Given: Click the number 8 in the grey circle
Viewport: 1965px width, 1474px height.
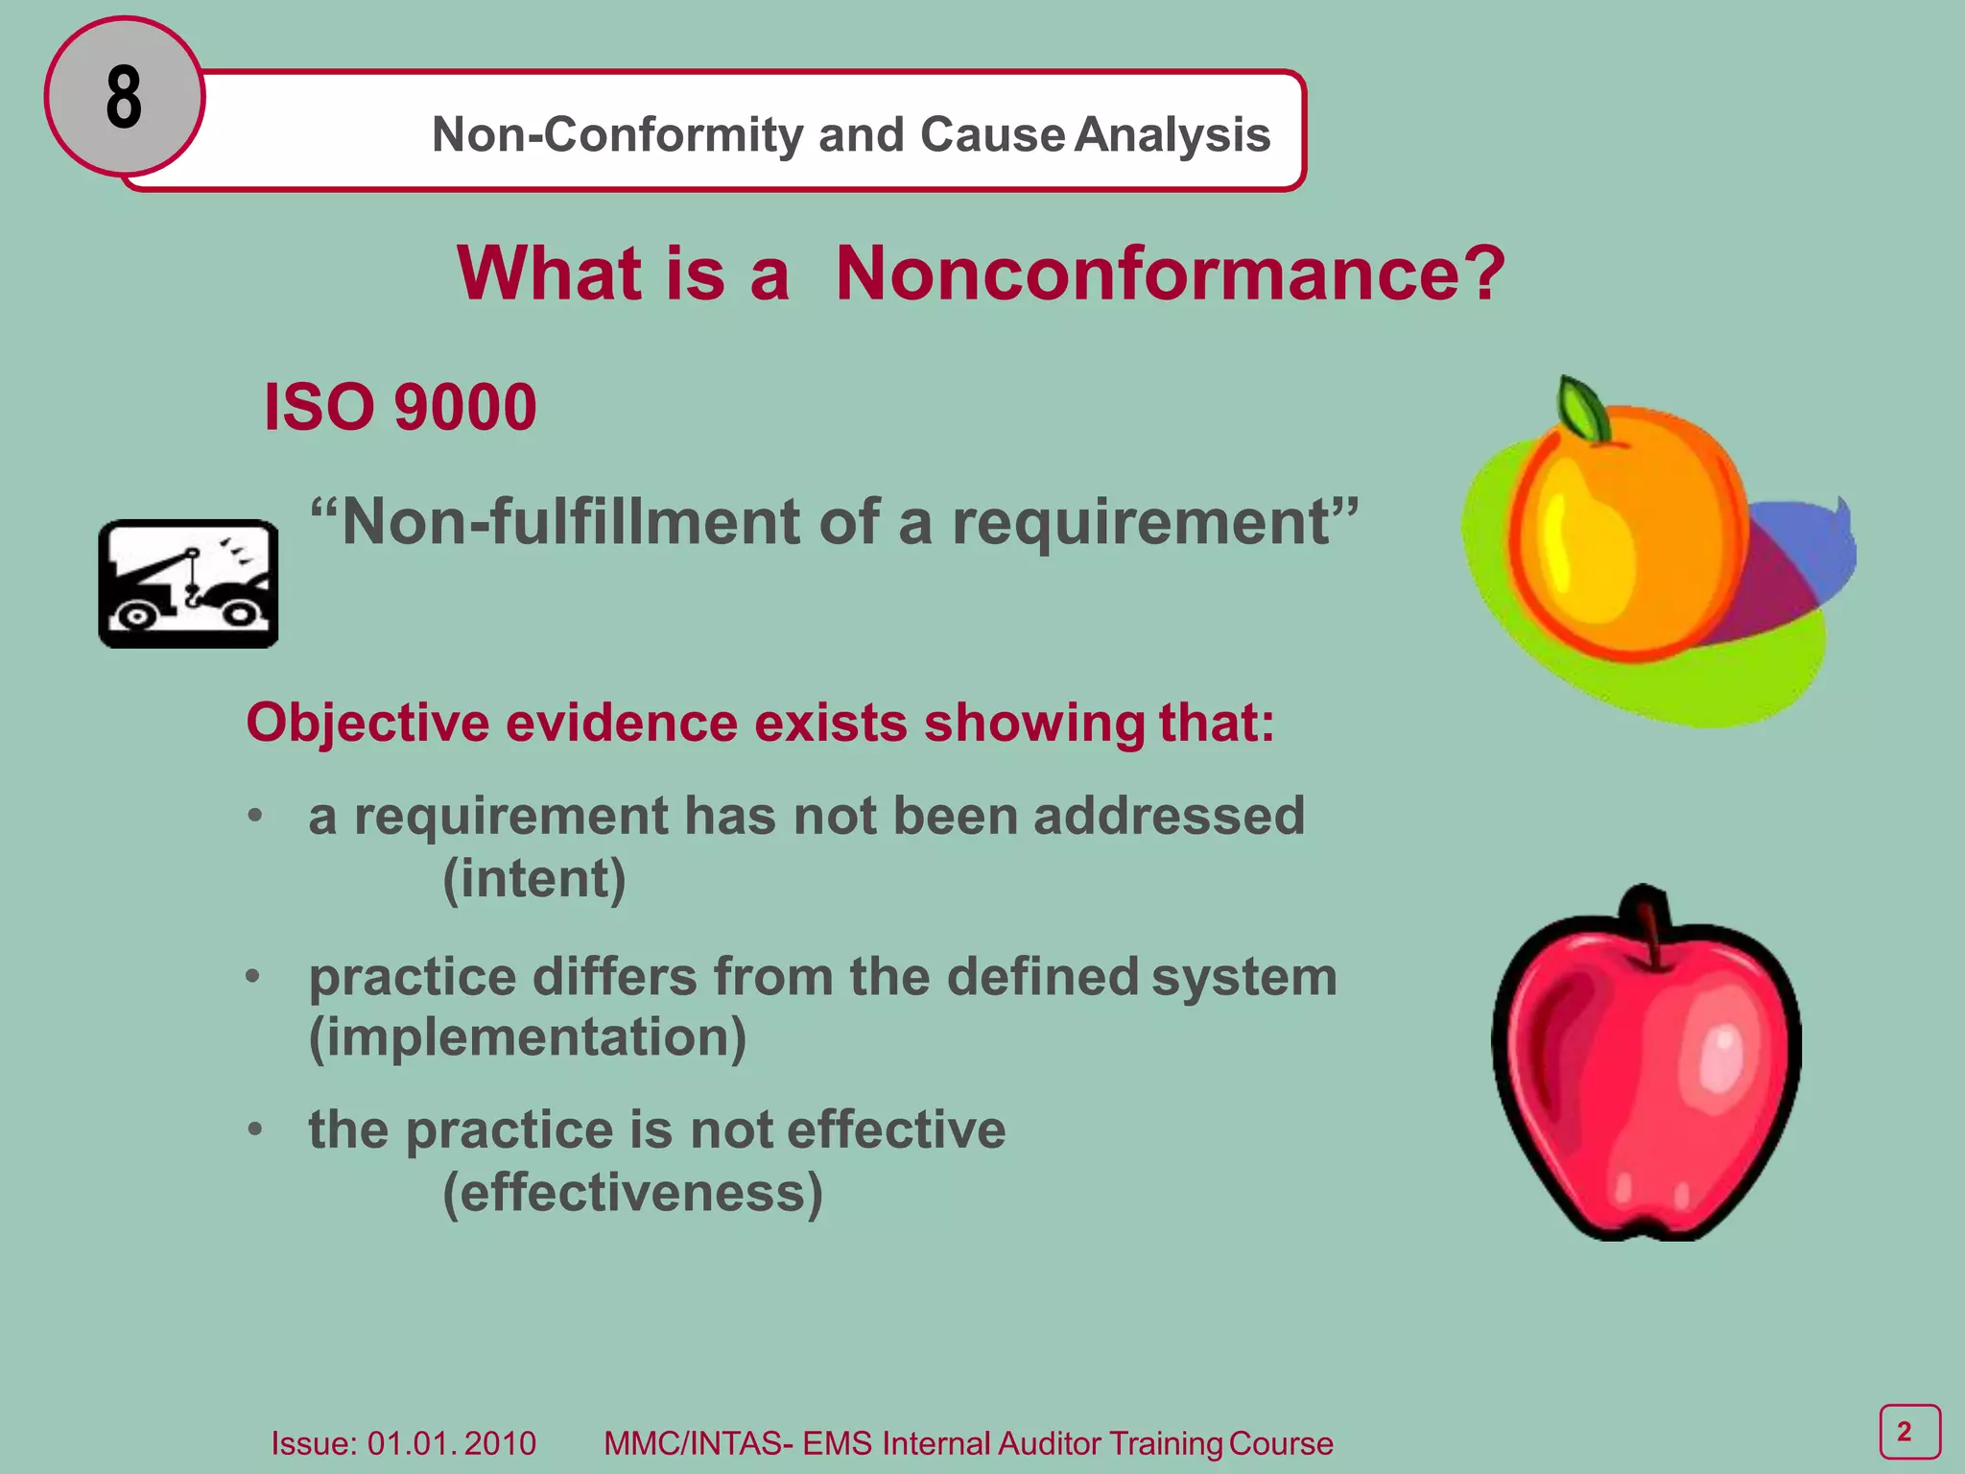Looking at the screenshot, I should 124,98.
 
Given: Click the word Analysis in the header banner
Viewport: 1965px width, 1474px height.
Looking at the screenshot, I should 1172,135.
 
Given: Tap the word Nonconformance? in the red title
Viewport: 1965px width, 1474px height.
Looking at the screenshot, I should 1170,274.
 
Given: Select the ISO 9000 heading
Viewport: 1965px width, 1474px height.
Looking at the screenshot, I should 399,408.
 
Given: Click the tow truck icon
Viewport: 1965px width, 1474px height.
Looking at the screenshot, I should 188,584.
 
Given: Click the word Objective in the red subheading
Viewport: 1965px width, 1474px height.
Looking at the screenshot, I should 367,723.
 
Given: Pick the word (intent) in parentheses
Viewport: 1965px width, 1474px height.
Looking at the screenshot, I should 533,879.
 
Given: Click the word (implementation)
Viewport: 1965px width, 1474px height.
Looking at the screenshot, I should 527,1038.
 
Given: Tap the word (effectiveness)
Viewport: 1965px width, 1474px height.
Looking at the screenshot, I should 632,1193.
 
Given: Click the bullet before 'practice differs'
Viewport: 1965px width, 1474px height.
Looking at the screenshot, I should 253,977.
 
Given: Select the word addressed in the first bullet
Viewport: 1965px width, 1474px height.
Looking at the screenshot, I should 1169,817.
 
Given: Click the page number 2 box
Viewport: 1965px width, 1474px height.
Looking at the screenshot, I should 1908,1432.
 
